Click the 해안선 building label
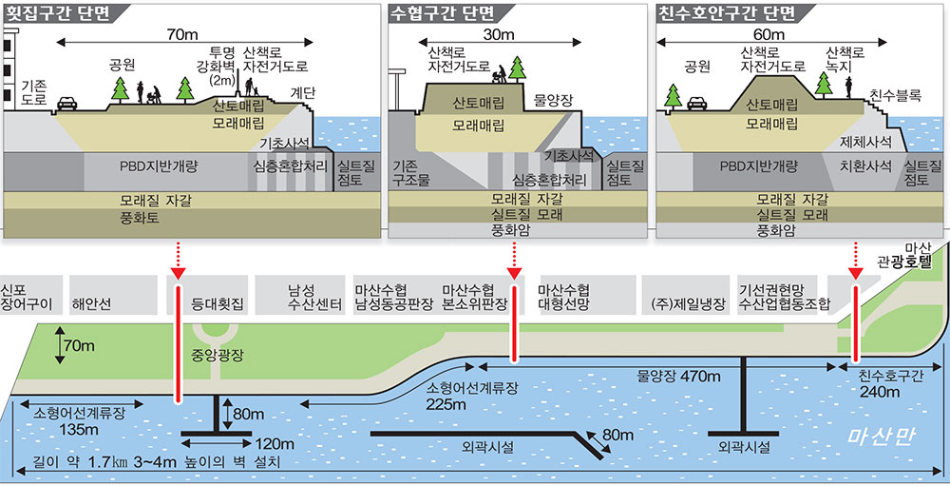point(92,305)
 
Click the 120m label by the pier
point(275,444)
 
